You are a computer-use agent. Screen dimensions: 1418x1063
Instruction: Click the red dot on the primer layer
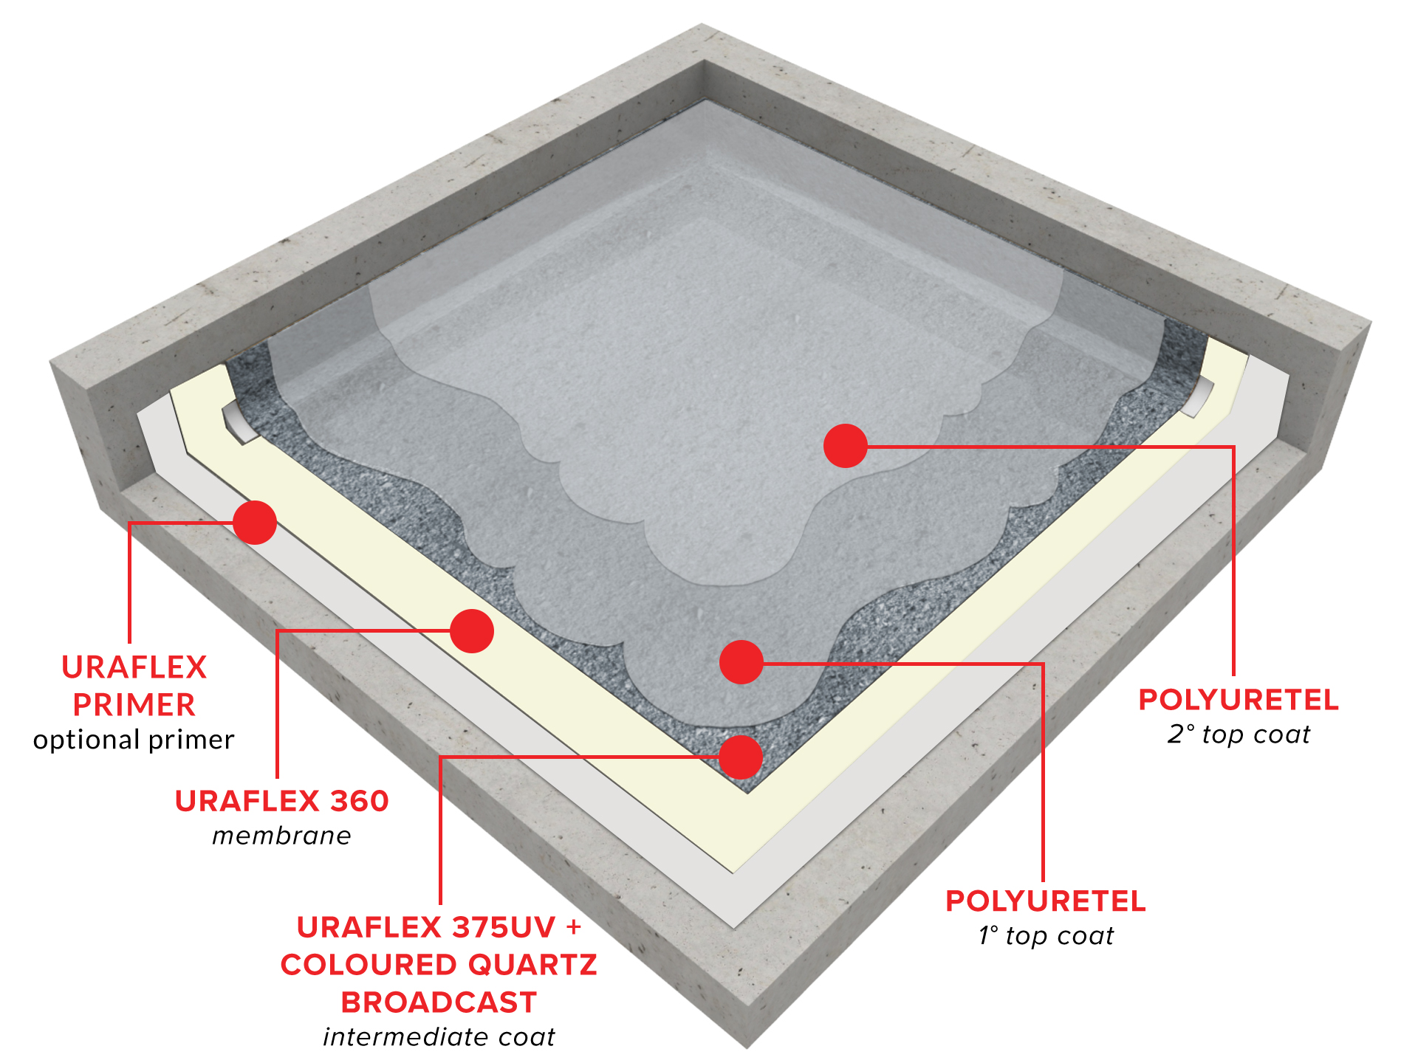255,523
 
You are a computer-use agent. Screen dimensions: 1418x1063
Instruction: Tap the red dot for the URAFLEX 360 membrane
472,631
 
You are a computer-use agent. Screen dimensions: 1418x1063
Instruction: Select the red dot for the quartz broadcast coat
741,757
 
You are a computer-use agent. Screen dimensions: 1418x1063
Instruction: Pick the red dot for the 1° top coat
741,662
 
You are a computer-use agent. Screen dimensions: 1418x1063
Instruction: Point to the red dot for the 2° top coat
846,446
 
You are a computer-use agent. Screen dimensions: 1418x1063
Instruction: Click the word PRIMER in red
134,705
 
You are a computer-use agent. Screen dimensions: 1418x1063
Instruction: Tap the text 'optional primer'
134,740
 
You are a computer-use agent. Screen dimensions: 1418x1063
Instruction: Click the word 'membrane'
281,836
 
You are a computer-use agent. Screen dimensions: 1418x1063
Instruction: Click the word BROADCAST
439,1002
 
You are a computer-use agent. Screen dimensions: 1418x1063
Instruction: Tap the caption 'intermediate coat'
439,1037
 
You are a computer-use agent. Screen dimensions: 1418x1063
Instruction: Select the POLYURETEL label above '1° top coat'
1046,901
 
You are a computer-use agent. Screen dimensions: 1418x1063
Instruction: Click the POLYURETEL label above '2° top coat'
1239,700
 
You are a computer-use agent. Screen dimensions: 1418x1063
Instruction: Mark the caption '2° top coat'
1239,735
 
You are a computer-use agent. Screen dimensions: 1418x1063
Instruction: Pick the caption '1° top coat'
1046,936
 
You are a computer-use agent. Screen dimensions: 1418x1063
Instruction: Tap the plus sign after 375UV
574,928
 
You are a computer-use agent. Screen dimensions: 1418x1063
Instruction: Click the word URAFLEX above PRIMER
134,667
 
